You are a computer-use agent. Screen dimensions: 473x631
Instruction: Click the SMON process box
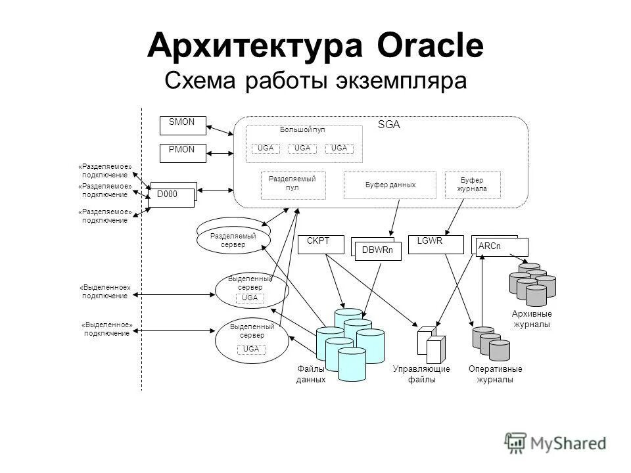pos(183,125)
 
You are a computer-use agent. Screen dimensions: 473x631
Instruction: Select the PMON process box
pos(183,153)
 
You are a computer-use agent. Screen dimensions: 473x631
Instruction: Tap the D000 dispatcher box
pos(172,195)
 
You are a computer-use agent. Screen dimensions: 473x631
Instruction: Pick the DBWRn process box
pos(378,251)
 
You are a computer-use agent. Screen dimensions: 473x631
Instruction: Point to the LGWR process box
pos(431,244)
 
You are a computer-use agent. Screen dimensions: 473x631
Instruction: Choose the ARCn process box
pos(502,247)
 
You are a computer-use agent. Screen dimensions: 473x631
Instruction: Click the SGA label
pos(388,124)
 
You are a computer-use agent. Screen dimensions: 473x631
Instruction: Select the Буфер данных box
pos(390,185)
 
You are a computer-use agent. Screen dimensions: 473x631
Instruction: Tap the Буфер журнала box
pos(472,185)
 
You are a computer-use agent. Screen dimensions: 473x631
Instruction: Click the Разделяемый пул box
pos(292,183)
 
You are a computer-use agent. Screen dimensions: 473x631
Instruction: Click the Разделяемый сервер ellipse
pos(233,240)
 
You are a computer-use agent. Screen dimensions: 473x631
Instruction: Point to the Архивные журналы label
pos(531,319)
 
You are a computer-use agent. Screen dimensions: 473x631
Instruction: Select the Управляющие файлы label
pos(421,374)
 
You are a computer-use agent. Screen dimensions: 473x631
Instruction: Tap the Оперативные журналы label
pos(496,374)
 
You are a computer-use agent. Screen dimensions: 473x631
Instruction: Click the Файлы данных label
pos(311,374)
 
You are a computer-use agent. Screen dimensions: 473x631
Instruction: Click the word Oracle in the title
pos(431,46)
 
